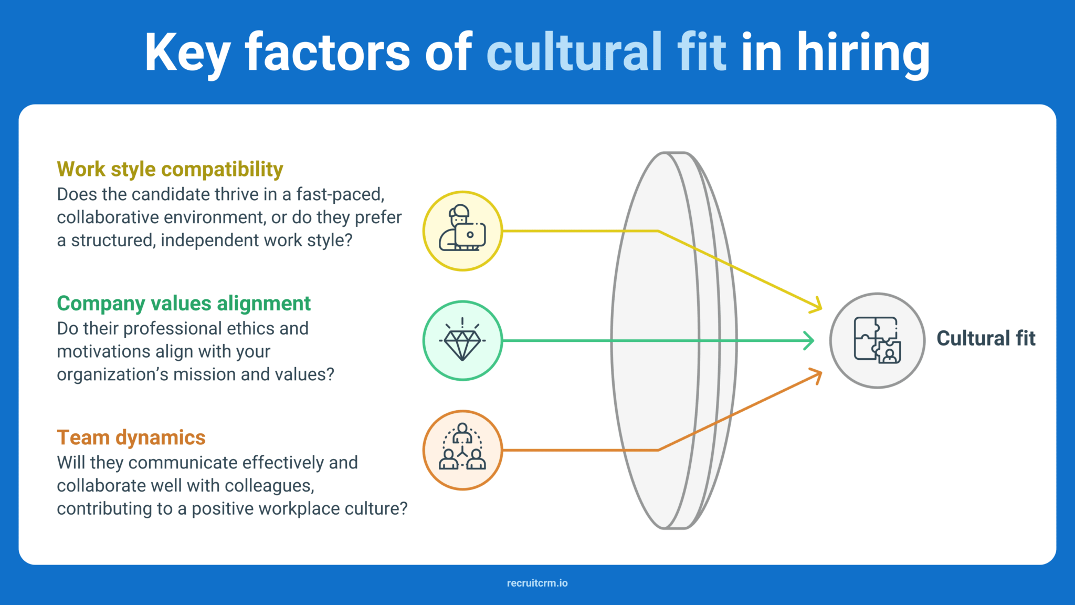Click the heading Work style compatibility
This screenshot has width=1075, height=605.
pos(170,169)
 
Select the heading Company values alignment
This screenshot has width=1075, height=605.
pos(183,303)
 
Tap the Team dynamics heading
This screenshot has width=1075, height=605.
pos(131,437)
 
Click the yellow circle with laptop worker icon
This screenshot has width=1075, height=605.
pos(462,231)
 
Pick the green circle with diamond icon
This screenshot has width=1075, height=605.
pos(462,340)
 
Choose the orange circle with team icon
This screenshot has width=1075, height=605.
pos(462,450)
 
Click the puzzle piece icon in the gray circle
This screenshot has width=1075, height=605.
pos(877,340)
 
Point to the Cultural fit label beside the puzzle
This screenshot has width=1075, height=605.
pos(985,338)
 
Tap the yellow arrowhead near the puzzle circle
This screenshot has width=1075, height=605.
pos(816,305)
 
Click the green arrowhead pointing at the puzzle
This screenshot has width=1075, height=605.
pos(809,340)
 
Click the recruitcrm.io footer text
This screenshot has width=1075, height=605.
pos(537,583)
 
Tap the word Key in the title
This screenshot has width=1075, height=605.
pos(187,53)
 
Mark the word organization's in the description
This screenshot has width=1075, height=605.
pos(112,374)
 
